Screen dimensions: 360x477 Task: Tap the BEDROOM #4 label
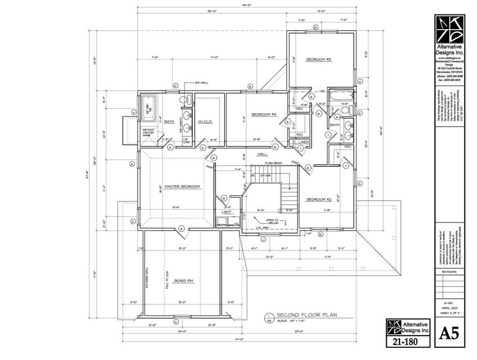pyautogui.click(x=264, y=114)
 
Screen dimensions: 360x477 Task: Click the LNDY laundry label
pyautogui.click(x=226, y=212)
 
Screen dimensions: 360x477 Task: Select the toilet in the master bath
pyautogui.click(x=188, y=100)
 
